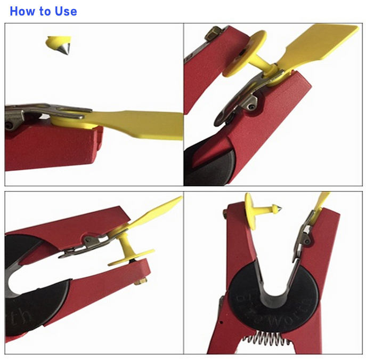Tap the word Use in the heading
(65, 11)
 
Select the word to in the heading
(46, 11)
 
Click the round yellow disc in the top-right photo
(245, 53)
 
